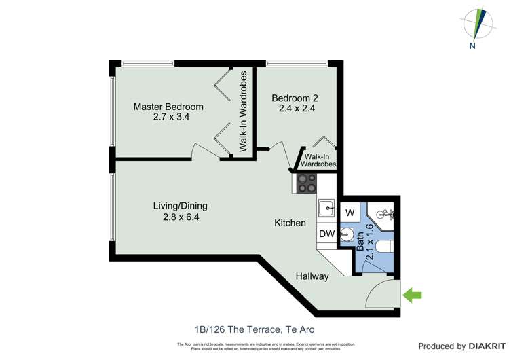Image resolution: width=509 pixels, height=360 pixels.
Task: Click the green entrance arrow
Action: [x=412, y=295]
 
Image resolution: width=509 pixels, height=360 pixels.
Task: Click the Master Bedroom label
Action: [x=168, y=107]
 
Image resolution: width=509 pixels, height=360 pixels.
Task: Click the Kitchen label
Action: [x=290, y=223]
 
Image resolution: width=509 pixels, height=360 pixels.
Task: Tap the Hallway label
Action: [x=312, y=276]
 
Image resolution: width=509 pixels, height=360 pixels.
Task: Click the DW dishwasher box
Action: [x=326, y=234]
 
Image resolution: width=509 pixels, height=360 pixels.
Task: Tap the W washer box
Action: [x=350, y=213]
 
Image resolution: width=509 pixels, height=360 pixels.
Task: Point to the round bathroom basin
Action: [x=347, y=238]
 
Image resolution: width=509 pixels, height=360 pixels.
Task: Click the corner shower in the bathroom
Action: [x=385, y=214]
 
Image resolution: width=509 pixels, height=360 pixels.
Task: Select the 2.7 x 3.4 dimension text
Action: [x=168, y=117]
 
